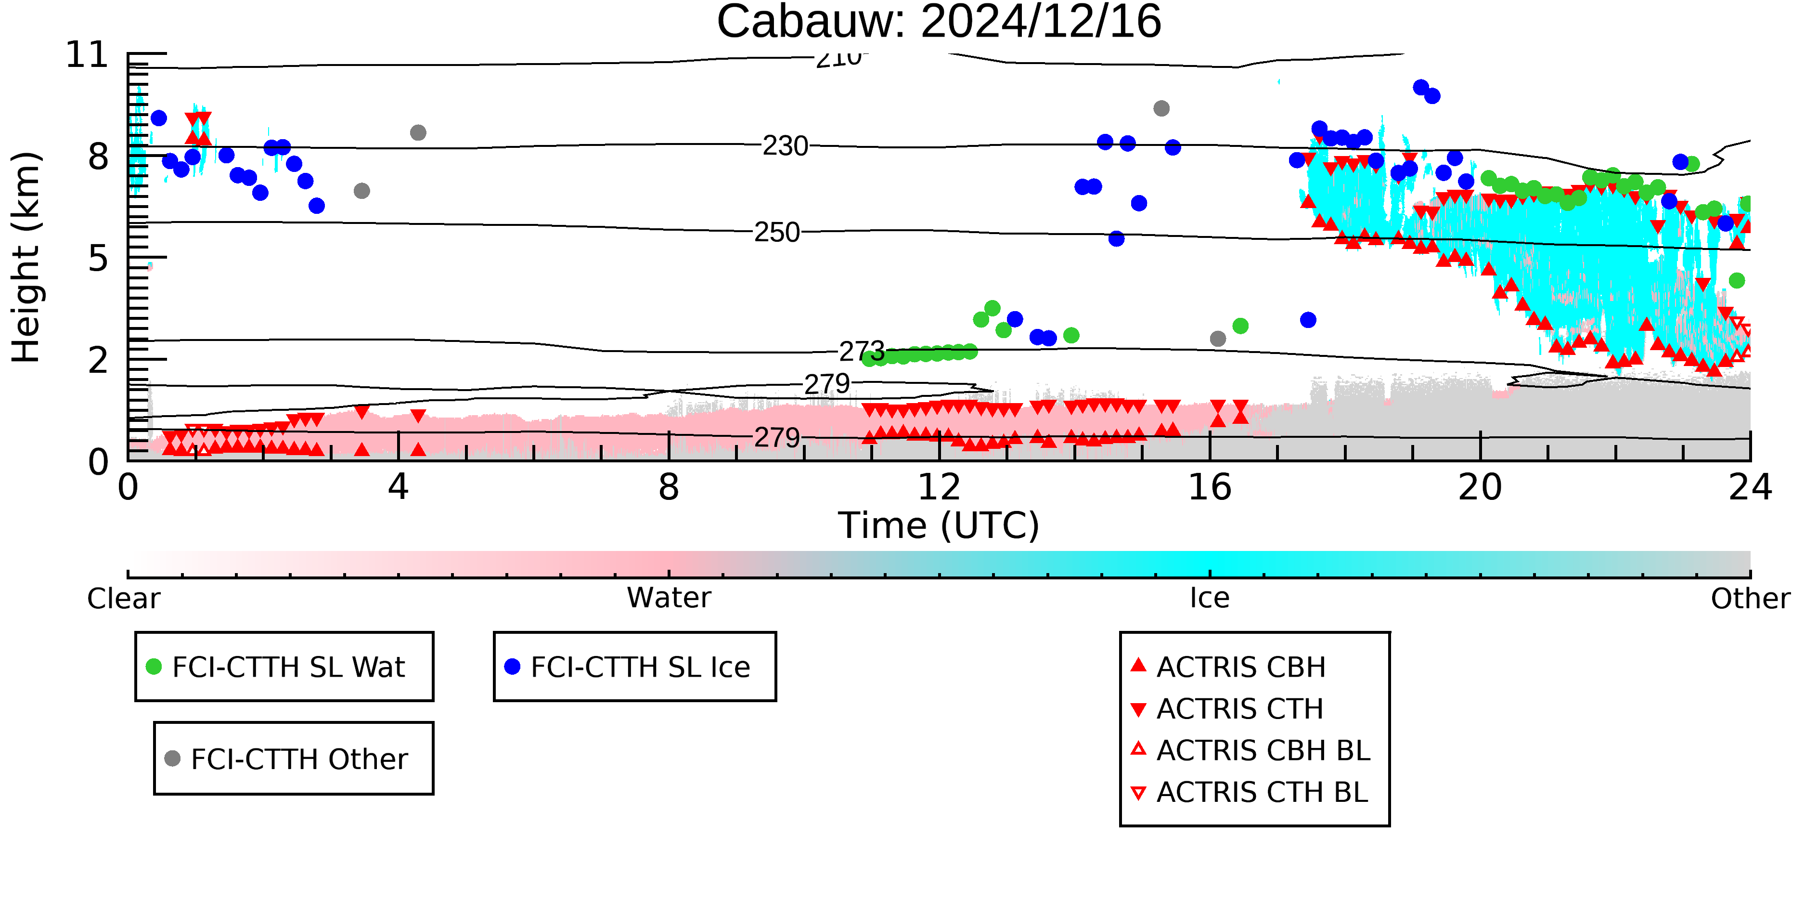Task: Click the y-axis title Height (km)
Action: [x=26, y=257]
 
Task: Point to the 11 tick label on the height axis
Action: [x=87, y=55]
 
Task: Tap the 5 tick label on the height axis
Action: [x=99, y=259]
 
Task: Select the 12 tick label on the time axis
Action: [x=939, y=487]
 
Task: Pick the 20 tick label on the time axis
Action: [x=1480, y=487]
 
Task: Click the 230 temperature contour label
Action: [x=785, y=146]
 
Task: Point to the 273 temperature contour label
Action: [x=862, y=351]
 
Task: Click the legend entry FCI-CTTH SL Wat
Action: [x=284, y=667]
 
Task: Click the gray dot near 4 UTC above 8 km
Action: [x=418, y=132]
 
